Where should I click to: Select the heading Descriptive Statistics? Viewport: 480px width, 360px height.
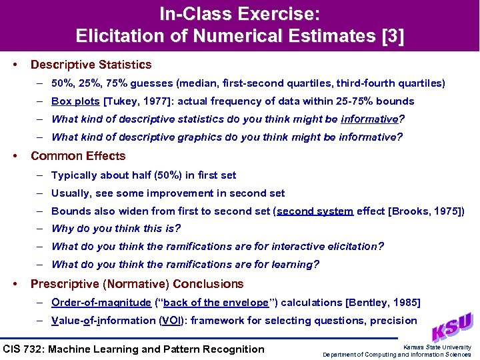(91, 65)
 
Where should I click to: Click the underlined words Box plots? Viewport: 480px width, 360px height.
(75, 101)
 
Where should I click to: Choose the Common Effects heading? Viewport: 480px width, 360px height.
(78, 156)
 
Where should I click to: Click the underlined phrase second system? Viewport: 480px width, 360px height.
(315, 211)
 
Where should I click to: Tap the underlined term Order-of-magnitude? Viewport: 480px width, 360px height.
(101, 303)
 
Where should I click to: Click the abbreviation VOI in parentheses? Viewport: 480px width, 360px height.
(168, 320)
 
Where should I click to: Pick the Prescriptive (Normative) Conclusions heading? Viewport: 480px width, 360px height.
(137, 284)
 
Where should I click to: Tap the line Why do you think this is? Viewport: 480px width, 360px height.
(116, 229)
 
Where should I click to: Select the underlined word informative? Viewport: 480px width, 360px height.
(369, 119)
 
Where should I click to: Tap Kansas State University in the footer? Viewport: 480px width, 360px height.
(437, 347)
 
